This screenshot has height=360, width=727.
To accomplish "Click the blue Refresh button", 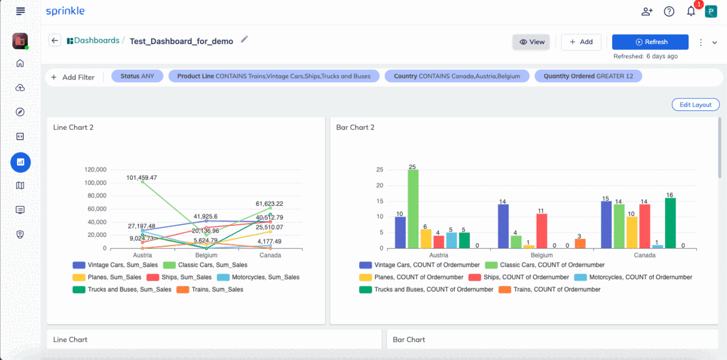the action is click(x=650, y=42).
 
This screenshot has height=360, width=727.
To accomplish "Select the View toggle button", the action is click(x=531, y=42).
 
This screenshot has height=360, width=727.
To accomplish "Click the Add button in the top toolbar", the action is click(x=581, y=42).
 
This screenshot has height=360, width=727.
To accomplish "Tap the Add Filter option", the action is click(x=73, y=77).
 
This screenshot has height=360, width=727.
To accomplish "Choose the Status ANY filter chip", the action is click(x=137, y=76).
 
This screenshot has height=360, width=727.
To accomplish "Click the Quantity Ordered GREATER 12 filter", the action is click(x=588, y=76).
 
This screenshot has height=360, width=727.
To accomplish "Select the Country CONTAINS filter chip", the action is click(x=457, y=76).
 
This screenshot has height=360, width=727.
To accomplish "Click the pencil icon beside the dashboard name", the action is click(x=244, y=40).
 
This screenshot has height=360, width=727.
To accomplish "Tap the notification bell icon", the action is click(x=691, y=12).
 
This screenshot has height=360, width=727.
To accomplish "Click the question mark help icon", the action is click(x=669, y=12).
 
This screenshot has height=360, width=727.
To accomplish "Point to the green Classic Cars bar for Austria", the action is click(x=412, y=209).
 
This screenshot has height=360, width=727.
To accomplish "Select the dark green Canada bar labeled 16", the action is click(x=671, y=223).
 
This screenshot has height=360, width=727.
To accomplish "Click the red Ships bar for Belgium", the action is click(x=542, y=231).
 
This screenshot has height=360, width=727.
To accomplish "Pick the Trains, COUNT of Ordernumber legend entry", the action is click(x=550, y=290).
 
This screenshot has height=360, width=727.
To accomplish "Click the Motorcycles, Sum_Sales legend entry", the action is click(x=258, y=277).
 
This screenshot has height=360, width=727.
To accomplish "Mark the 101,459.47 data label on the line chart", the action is click(x=148, y=177).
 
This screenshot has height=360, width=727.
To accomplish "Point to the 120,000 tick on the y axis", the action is click(x=95, y=170).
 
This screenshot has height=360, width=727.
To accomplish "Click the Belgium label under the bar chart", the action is click(x=542, y=255).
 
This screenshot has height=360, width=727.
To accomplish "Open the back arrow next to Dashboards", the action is click(x=54, y=40).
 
